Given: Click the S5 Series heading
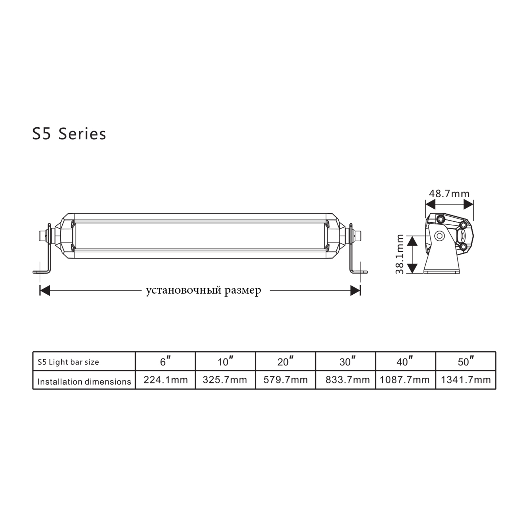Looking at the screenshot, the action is point(69,134).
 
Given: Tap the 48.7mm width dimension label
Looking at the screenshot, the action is point(449,194).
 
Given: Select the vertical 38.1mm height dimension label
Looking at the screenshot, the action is point(400,254).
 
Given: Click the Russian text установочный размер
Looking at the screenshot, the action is point(204,290).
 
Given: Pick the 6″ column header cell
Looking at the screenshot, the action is point(165,361).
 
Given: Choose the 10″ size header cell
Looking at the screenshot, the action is point(225,361).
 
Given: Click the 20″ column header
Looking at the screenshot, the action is point(286,361).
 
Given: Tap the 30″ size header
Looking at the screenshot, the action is point(345,361).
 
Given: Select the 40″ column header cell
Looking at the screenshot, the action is point(406,361).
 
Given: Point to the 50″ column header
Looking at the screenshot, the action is point(466,361).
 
